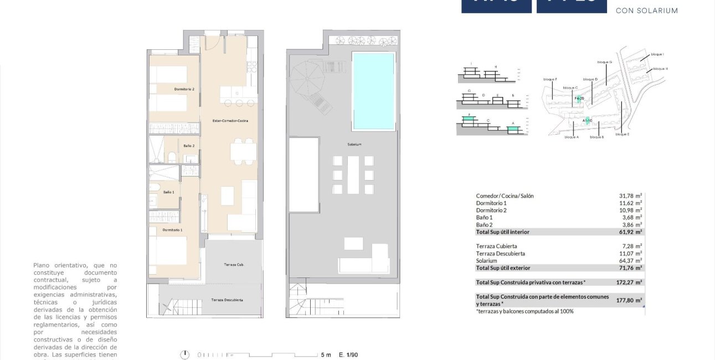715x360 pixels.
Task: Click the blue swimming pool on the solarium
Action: click(374, 91)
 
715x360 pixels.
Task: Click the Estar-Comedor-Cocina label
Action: click(230, 120)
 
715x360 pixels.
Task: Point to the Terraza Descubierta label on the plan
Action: click(227, 300)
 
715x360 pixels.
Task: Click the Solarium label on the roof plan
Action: click(354, 145)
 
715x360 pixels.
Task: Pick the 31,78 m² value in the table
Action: click(630, 196)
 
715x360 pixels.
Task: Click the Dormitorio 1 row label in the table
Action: click(491, 203)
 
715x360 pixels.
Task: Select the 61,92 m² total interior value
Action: click(630, 232)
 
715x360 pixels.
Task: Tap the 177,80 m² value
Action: click(630, 300)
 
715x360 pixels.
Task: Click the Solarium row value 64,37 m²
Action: click(630, 260)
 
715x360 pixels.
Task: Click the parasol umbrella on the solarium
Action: click(310, 78)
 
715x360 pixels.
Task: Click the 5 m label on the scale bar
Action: click(326, 354)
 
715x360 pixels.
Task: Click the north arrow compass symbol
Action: click(186, 354)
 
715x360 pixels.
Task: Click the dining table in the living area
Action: click(244, 151)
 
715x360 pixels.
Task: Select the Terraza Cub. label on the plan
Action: click(234, 265)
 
